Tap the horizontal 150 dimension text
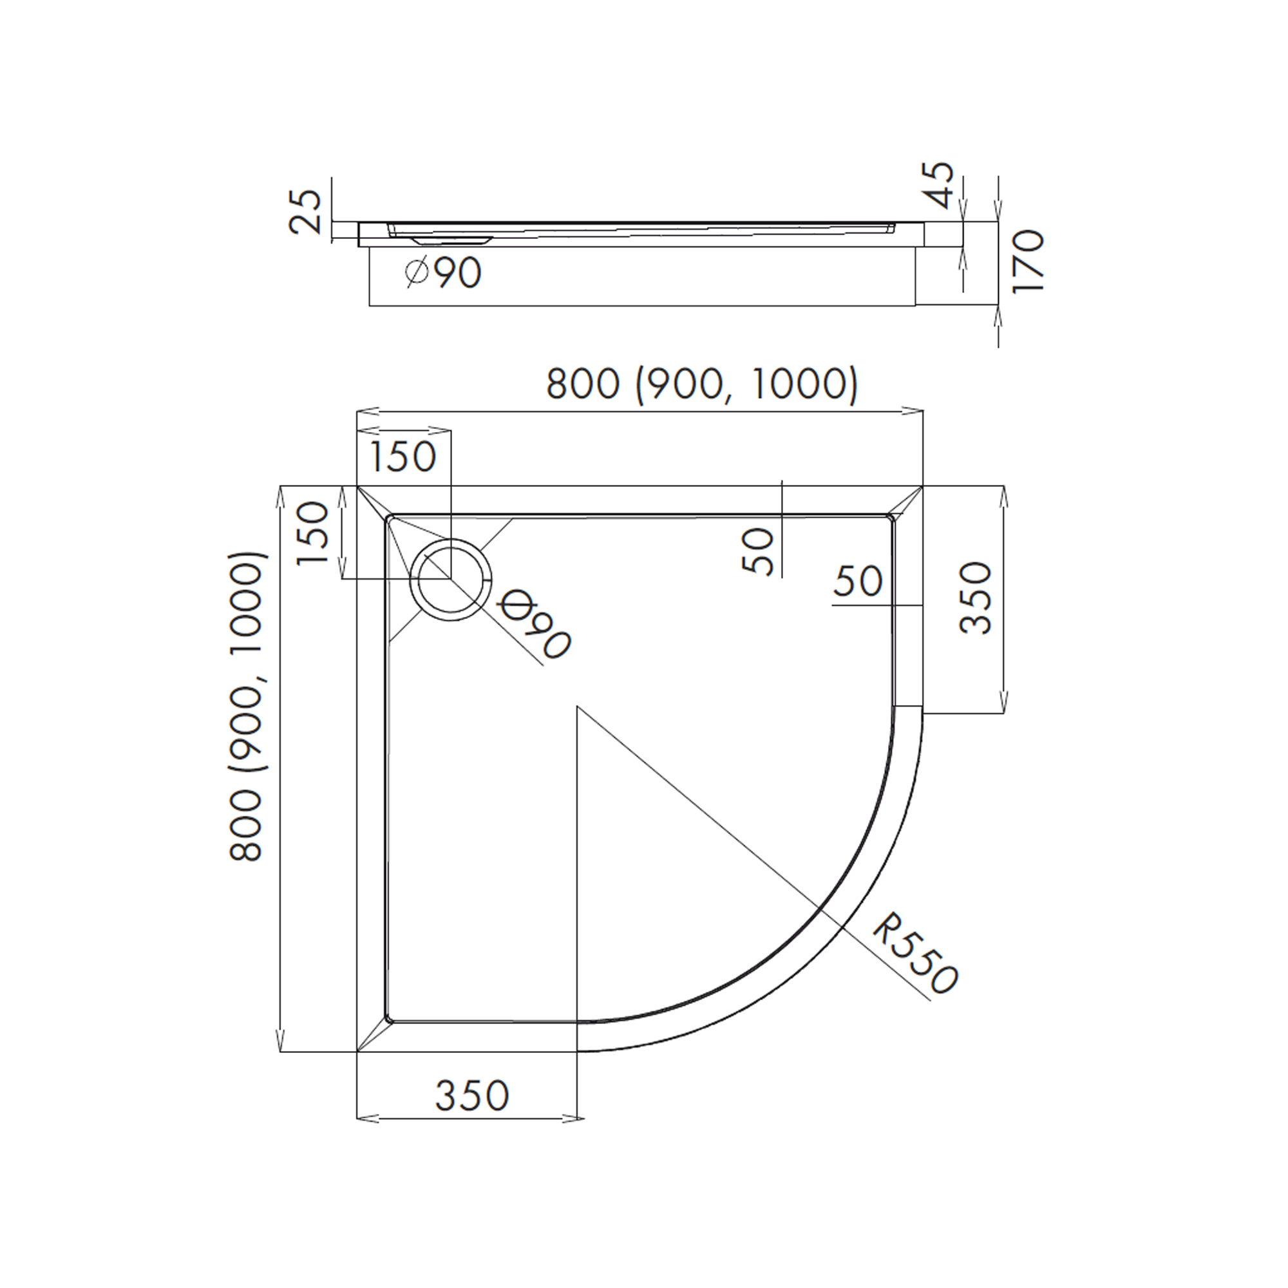point(402,457)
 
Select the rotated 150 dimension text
point(313,533)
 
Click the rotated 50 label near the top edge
point(758,551)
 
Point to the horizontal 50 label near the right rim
point(857,582)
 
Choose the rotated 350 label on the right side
point(975,598)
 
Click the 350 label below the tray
point(472,1095)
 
